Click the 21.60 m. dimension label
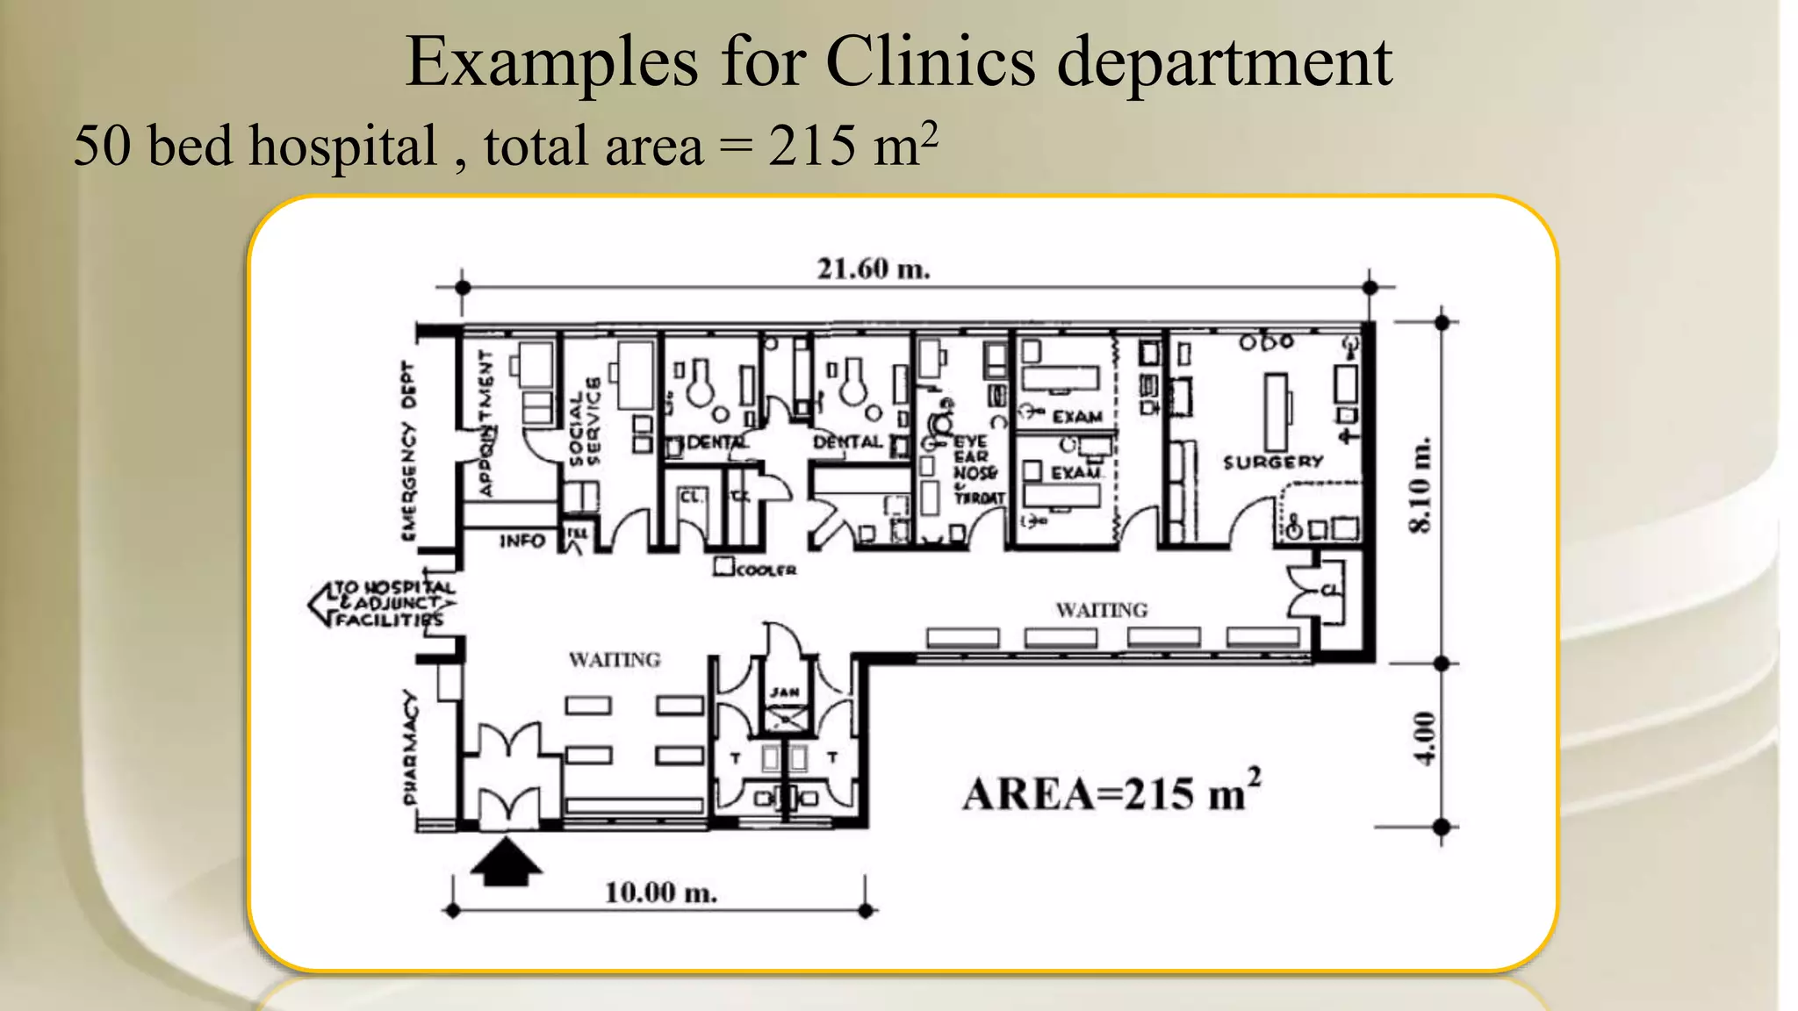873,269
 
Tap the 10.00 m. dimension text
660,893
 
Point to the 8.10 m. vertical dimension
1420,484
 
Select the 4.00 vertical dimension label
1424,739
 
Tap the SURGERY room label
1272,462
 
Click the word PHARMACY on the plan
410,747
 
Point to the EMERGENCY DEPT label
408,450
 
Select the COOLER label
766,570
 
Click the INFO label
522,541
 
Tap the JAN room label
784,692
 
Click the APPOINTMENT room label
485,423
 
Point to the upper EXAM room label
1076,417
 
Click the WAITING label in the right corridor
1101,610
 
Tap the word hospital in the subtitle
342,146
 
